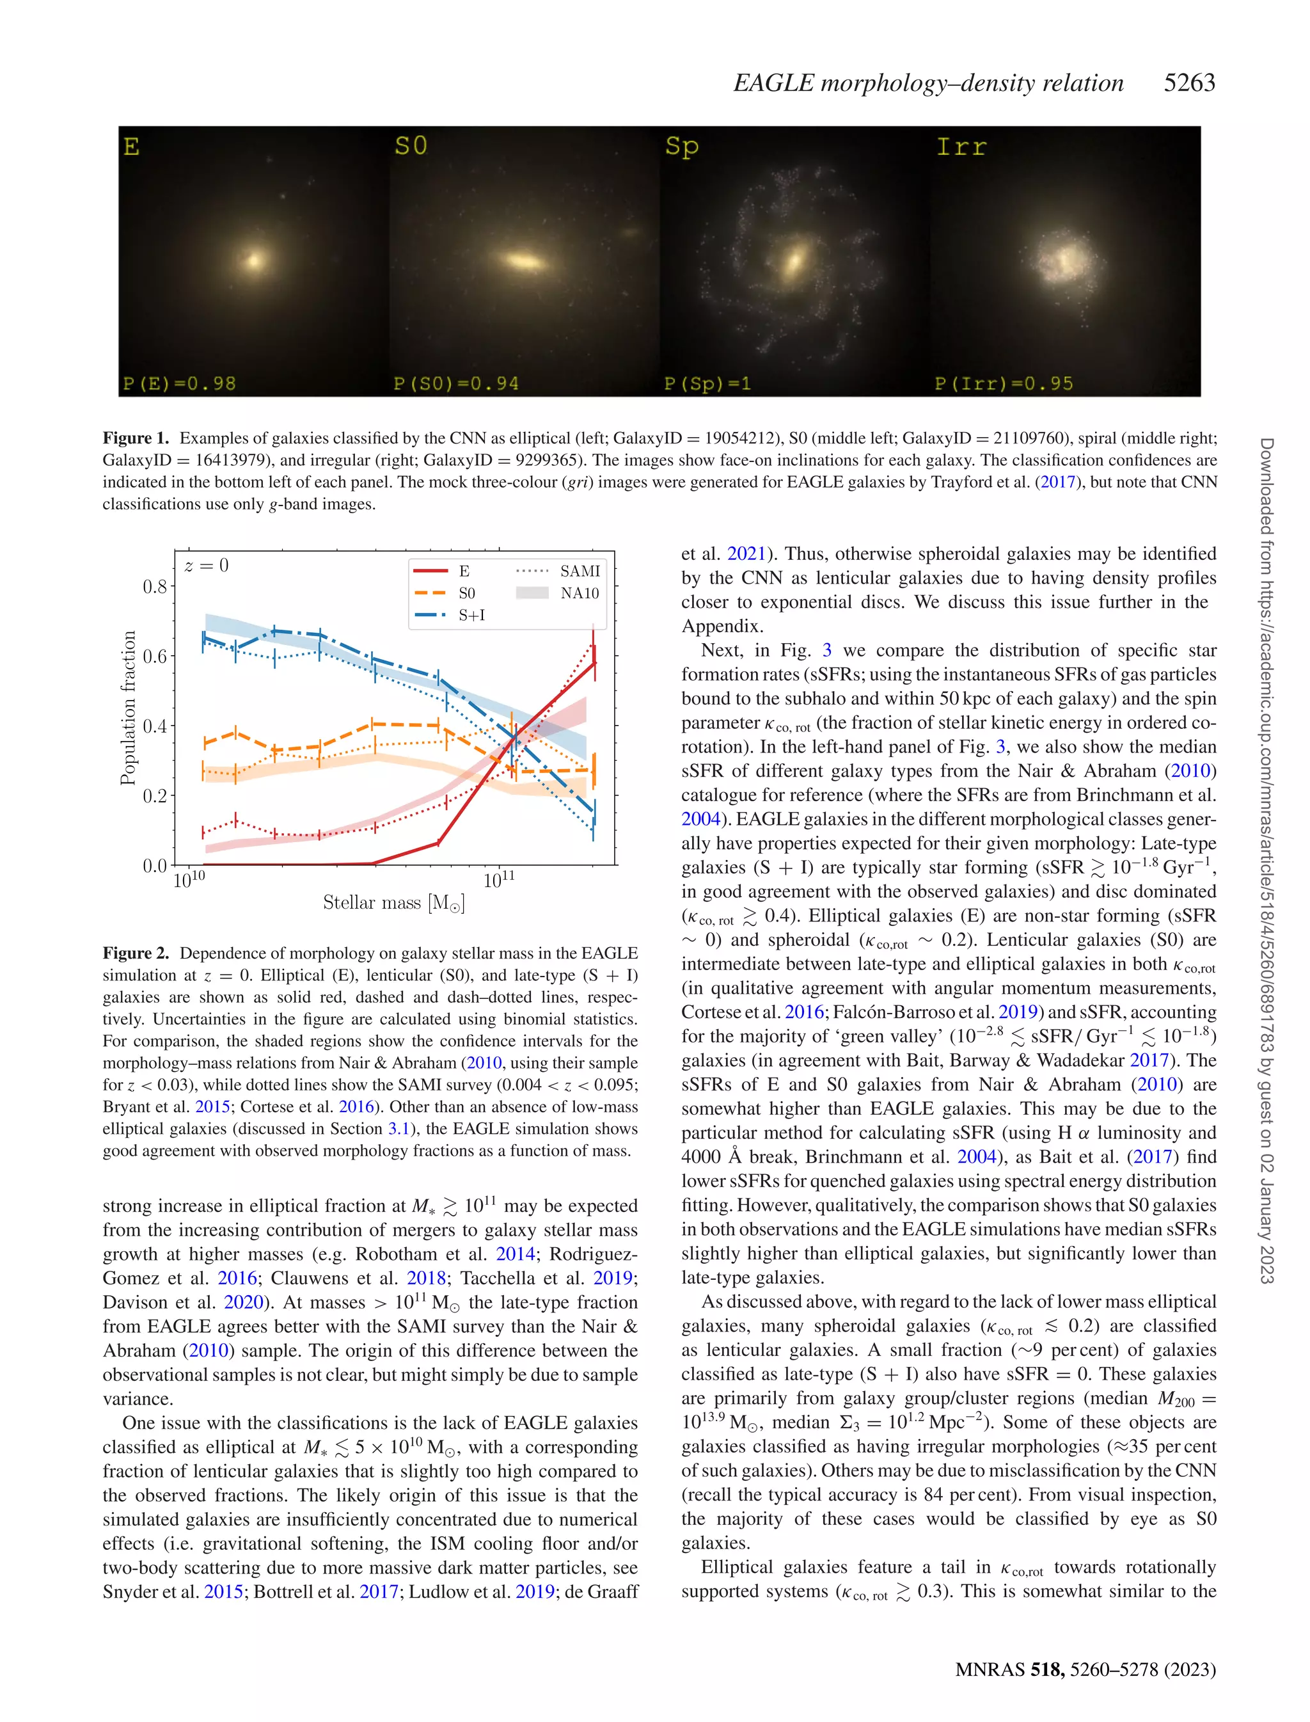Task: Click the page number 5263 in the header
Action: [x=1188, y=83]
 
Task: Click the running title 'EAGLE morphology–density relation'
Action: [x=928, y=83]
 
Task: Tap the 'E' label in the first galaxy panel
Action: [x=131, y=147]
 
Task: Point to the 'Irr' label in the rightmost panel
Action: [x=961, y=147]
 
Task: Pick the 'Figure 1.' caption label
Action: [x=136, y=438]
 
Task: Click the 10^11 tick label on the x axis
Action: [x=499, y=881]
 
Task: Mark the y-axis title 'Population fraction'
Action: [x=128, y=707]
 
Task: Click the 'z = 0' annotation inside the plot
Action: [x=207, y=566]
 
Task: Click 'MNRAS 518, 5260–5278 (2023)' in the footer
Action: [x=1085, y=1669]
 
